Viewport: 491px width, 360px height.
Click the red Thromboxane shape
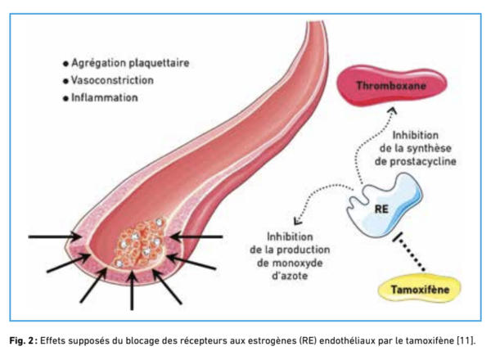point(391,85)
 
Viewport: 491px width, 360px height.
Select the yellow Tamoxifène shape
point(420,290)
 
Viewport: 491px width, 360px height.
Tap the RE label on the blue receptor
point(381,209)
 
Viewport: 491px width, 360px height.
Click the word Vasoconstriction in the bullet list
point(112,80)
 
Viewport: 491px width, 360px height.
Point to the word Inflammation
point(105,97)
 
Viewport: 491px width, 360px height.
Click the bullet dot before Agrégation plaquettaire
point(65,64)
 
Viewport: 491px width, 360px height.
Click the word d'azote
point(290,276)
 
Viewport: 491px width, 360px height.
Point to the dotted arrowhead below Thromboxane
point(393,110)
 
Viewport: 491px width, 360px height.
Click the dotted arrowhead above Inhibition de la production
point(298,221)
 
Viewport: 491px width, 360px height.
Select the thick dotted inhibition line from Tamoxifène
point(408,252)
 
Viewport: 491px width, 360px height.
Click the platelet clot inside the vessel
point(140,244)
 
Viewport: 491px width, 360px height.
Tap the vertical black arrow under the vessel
point(132,290)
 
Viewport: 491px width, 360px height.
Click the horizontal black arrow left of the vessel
point(54,236)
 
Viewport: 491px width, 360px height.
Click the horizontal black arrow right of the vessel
point(196,236)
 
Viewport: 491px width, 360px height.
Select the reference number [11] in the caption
point(466,340)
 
